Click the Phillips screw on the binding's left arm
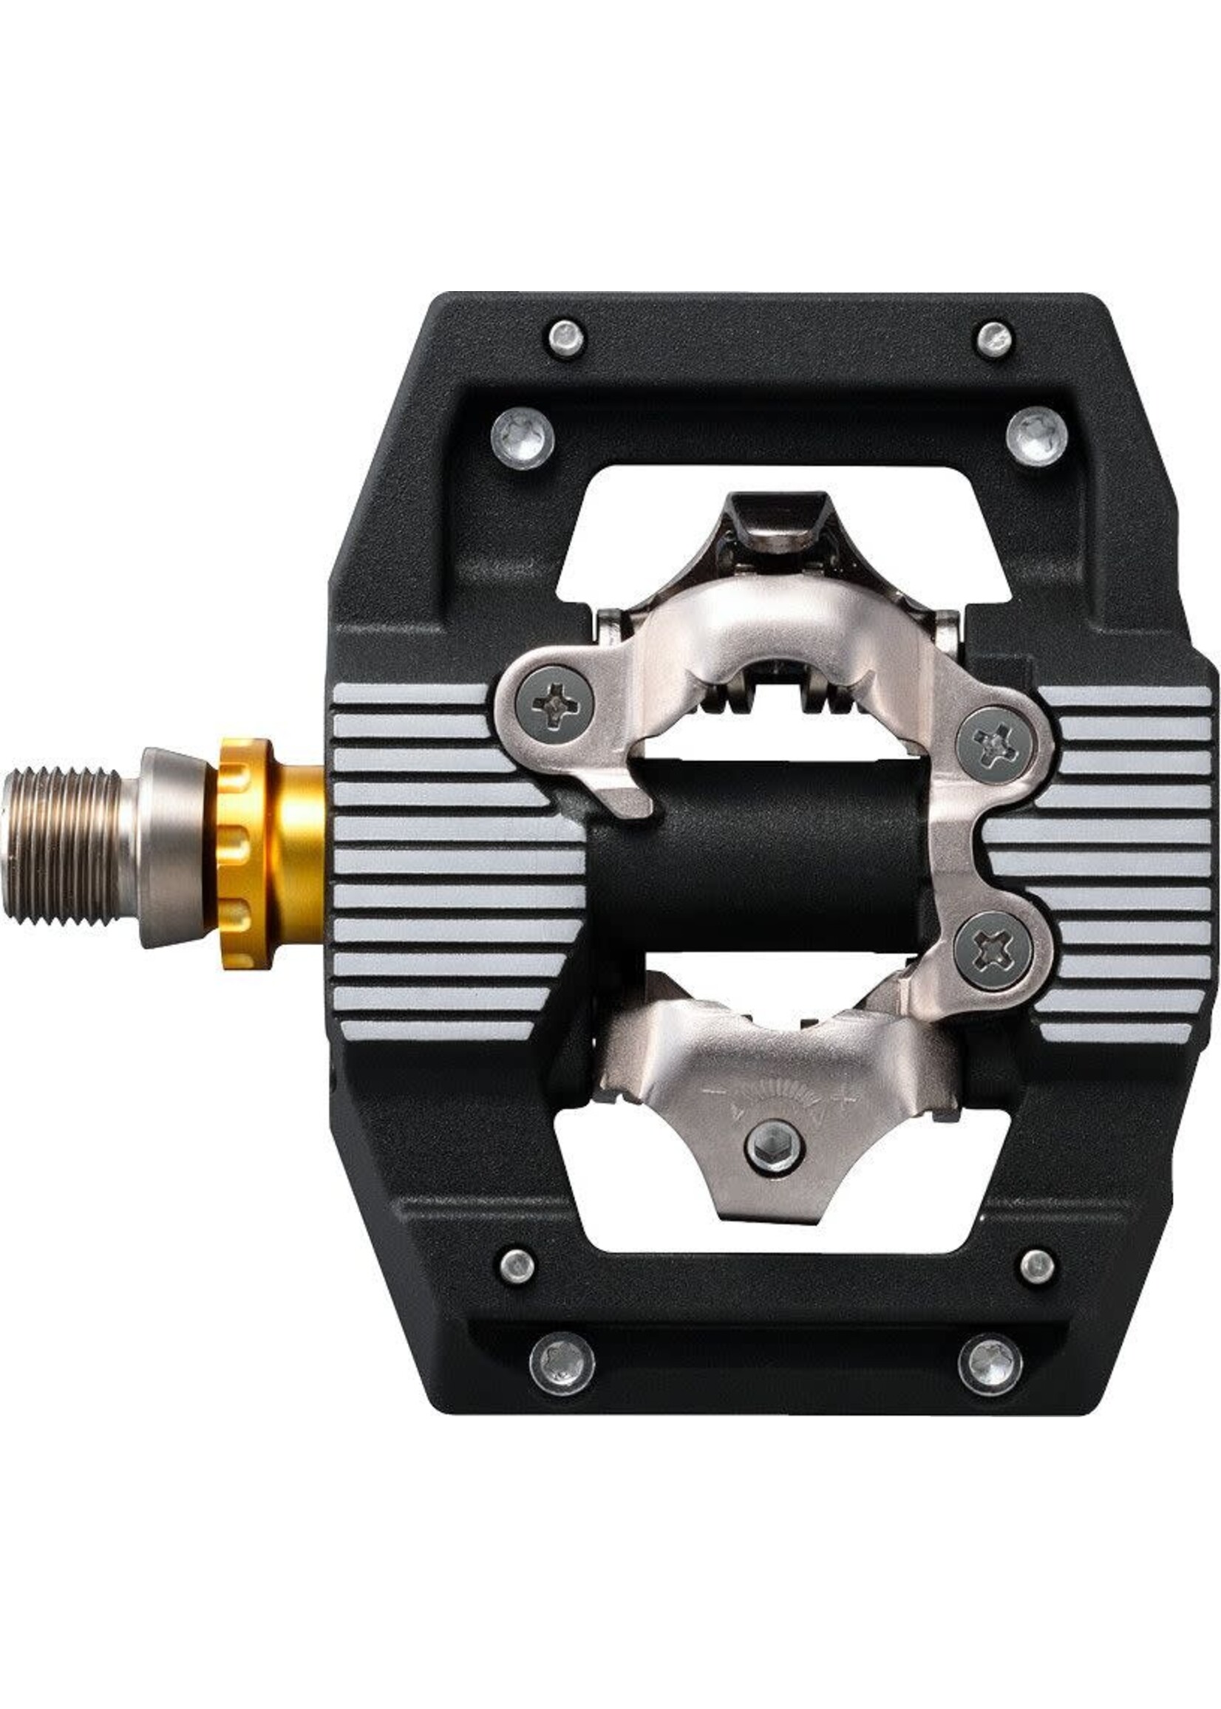(x=555, y=704)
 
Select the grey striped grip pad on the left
(x=443, y=857)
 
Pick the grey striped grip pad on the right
(x=1113, y=857)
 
